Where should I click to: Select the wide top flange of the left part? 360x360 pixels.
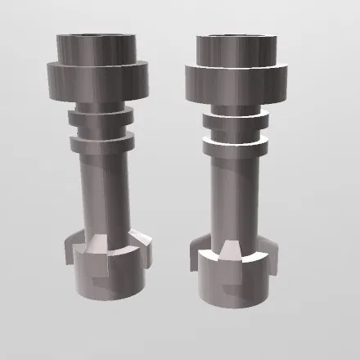click(97, 79)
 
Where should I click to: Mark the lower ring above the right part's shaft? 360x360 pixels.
click(235, 147)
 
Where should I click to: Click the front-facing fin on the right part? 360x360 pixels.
click(229, 250)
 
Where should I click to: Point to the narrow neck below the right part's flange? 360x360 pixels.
click(234, 107)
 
